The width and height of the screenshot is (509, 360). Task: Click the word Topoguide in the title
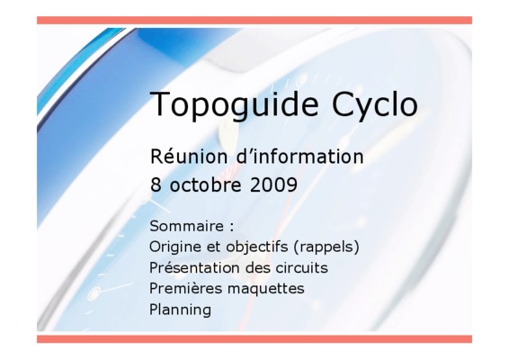(x=234, y=105)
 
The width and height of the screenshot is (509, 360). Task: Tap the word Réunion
(x=189, y=157)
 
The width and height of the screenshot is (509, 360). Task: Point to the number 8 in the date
(x=156, y=185)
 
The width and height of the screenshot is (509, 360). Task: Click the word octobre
(x=206, y=185)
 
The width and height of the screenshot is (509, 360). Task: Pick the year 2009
(x=273, y=185)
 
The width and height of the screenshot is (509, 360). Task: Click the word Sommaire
(x=187, y=226)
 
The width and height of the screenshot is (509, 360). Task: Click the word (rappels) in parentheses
(x=326, y=247)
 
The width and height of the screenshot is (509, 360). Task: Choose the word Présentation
(x=195, y=268)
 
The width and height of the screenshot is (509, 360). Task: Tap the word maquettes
(x=259, y=289)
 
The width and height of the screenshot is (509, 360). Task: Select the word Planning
(x=180, y=310)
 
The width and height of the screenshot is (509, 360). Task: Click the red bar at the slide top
(x=254, y=21)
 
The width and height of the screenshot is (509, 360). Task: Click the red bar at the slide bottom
(x=254, y=339)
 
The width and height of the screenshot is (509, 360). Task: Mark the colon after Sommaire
(x=231, y=228)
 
